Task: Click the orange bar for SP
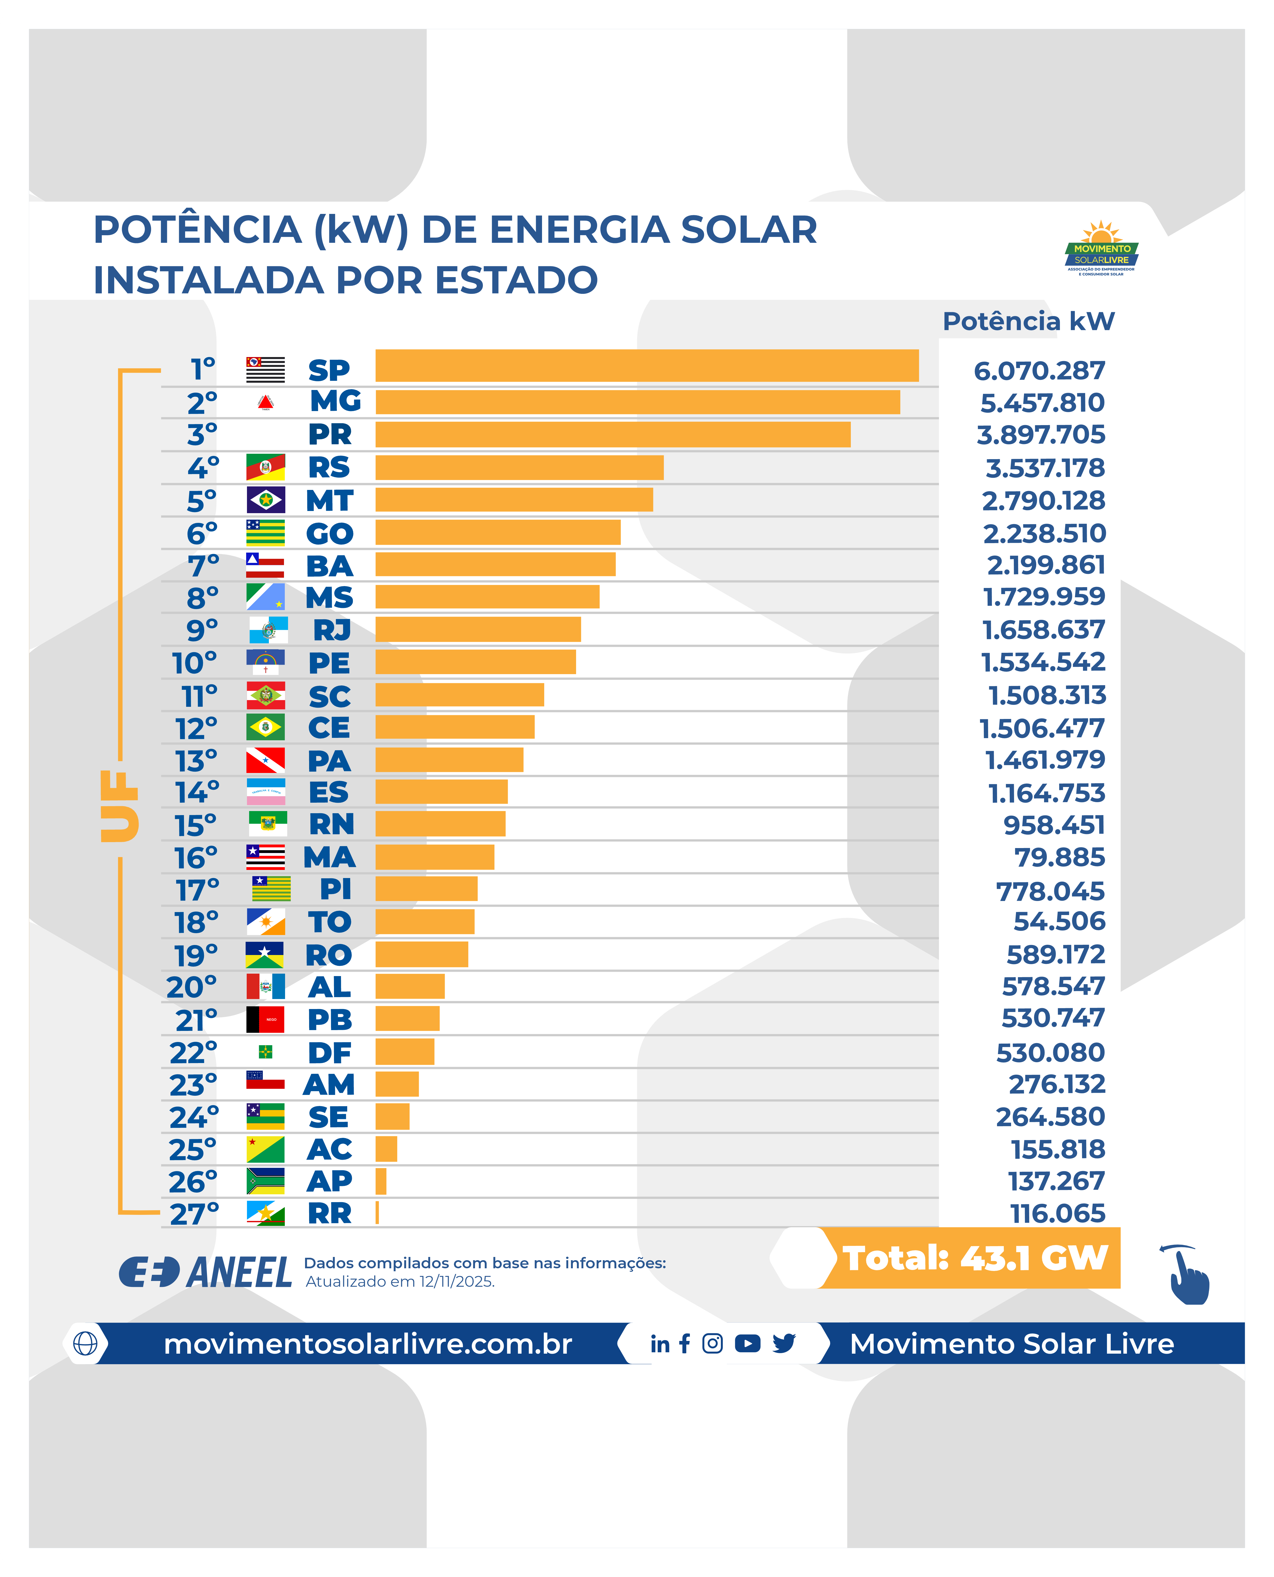(x=647, y=365)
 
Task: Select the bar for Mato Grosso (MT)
(x=514, y=499)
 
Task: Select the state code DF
(x=329, y=1053)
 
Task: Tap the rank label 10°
(x=195, y=663)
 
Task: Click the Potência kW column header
(x=1028, y=321)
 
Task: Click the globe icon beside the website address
(x=85, y=1343)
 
